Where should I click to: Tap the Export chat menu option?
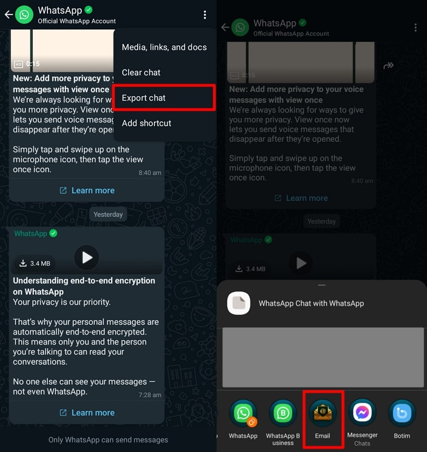(144, 98)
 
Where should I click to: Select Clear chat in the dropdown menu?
(141, 72)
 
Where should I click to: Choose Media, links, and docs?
(164, 47)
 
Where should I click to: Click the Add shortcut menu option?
(147, 123)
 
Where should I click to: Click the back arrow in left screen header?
(8, 15)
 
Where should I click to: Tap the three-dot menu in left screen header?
(205, 15)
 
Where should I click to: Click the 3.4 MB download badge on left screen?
(35, 263)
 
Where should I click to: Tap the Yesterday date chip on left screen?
(108, 214)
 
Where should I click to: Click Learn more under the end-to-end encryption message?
(87, 412)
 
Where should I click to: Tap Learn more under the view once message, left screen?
(87, 190)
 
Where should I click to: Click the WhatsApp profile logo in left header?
(24, 15)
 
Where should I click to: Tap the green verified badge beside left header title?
(89, 10)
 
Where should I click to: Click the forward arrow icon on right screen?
(388, 66)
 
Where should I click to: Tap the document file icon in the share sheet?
(239, 303)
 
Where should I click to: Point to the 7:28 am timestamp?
(149, 394)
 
